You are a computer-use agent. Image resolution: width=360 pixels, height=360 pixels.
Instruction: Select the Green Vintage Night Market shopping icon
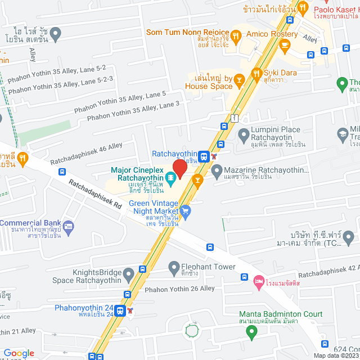tap(186, 211)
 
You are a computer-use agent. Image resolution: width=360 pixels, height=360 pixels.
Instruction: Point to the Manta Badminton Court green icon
tap(251, 332)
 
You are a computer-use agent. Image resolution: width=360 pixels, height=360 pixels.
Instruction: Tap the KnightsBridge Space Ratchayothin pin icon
tap(128, 275)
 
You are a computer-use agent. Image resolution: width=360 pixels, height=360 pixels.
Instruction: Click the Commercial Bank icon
tap(68, 228)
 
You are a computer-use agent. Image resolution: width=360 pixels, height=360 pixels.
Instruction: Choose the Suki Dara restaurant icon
tap(256, 73)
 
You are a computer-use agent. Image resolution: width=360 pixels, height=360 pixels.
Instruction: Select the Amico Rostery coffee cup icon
tap(285, 44)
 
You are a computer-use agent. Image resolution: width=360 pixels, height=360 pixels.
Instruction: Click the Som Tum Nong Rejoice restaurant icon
tap(237, 35)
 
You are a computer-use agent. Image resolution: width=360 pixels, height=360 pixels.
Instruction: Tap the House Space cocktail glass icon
tap(238, 79)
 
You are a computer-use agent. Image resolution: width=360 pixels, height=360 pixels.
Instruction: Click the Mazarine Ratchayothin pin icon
tap(217, 170)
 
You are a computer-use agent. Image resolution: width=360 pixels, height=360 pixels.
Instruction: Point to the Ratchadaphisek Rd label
tap(95, 195)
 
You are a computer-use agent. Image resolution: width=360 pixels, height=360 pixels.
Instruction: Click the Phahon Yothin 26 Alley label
tap(179, 289)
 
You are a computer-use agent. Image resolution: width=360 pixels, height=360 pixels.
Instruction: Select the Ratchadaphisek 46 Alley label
tap(85, 154)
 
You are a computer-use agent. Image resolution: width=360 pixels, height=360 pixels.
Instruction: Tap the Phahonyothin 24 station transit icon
tap(120, 310)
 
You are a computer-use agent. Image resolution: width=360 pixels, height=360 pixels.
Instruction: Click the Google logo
tap(19, 353)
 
